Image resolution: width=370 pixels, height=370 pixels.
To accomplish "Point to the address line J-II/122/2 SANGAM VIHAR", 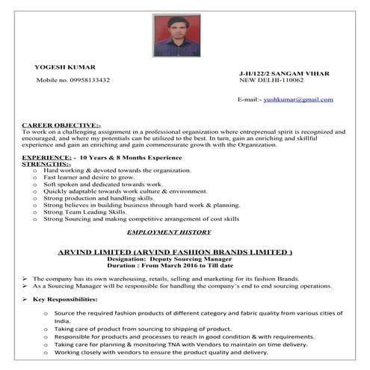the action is (283, 73).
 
